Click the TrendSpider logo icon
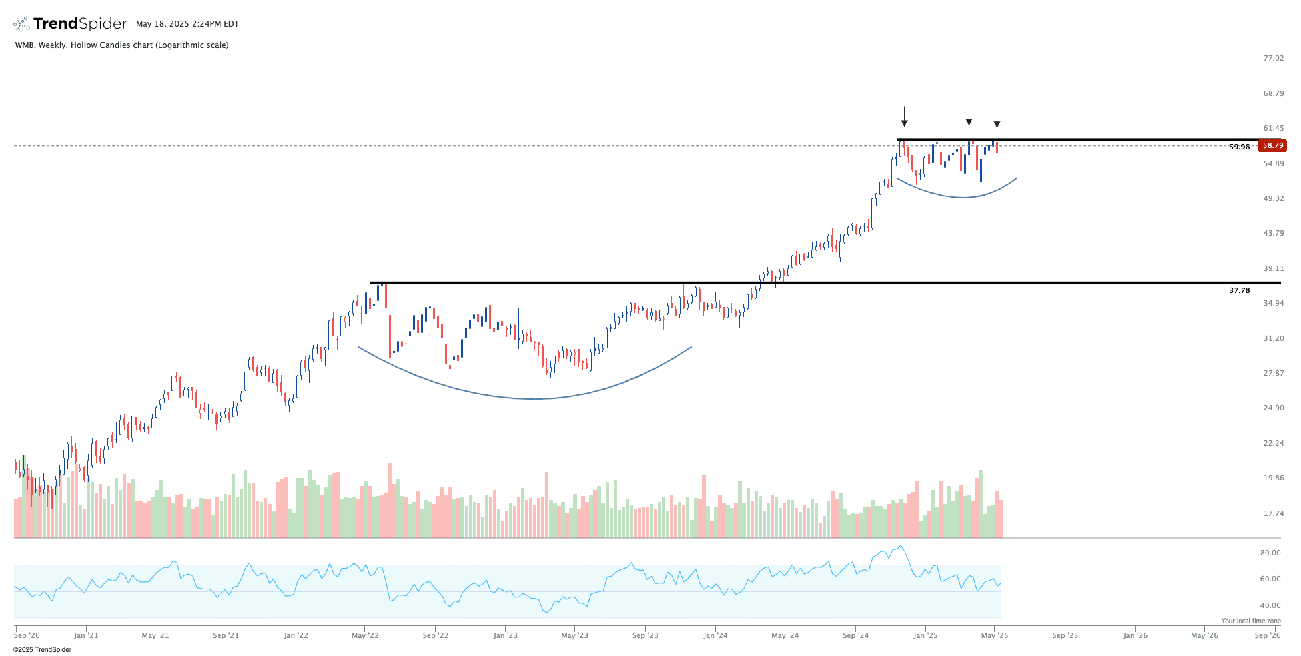(x=21, y=24)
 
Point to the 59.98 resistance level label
(x=1239, y=147)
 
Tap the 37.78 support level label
(x=1239, y=290)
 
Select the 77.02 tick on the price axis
(x=1273, y=58)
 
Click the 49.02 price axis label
(x=1273, y=198)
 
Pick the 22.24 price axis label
(x=1273, y=443)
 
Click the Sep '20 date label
(x=27, y=635)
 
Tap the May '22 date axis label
(x=365, y=635)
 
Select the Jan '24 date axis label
(x=715, y=635)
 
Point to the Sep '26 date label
(x=1268, y=635)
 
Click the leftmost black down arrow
(x=904, y=117)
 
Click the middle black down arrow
(x=969, y=116)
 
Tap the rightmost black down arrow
(x=997, y=119)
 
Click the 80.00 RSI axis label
(x=1270, y=553)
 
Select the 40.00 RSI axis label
(x=1270, y=605)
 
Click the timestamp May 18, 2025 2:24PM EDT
(x=187, y=24)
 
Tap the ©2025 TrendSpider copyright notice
(x=42, y=649)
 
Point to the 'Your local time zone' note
(x=1251, y=621)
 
